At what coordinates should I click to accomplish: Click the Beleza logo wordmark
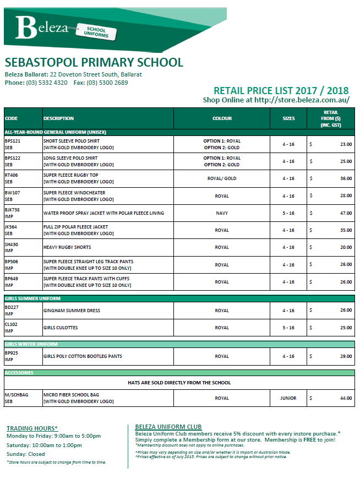[41, 27]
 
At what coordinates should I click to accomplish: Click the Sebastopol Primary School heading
[94, 62]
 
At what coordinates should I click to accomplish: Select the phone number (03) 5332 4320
[47, 83]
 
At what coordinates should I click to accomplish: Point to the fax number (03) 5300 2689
[107, 83]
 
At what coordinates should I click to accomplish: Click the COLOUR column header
[222, 118]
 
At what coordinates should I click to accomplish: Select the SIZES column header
[288, 118]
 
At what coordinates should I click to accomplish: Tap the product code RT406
[12, 176]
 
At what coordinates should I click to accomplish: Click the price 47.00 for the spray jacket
[346, 213]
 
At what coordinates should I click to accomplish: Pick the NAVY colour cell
[222, 213]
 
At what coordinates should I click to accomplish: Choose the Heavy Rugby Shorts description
[67, 247]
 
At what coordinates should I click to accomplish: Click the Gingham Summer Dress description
[72, 311]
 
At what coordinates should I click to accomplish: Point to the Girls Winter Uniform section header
[32, 344]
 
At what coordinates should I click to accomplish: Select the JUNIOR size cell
[288, 398]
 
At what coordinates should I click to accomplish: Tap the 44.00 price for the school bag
[346, 398]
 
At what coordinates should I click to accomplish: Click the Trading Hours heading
[32, 428]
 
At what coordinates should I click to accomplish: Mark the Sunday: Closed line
[25, 454]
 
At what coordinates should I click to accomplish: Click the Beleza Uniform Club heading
[168, 427]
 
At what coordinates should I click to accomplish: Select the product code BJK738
[12, 210]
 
